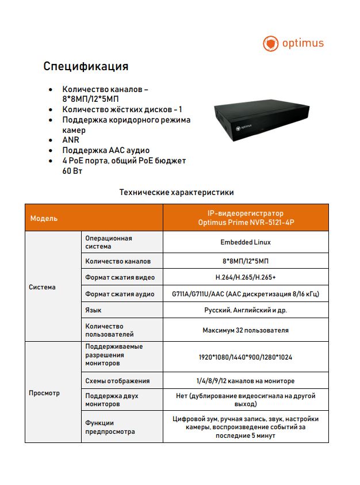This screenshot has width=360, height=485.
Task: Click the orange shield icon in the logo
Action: pos(270,43)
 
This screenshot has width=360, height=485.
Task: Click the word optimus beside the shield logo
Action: pos(302,43)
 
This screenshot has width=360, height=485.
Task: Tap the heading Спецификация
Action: pos(86,66)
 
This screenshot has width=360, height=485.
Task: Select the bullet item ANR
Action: pos(71,140)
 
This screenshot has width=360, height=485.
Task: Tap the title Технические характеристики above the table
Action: pos(176,192)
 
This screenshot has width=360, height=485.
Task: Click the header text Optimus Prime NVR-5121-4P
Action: pos(246,223)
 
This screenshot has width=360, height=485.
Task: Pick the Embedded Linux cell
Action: pos(246,242)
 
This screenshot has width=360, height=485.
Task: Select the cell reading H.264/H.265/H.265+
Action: pos(246,277)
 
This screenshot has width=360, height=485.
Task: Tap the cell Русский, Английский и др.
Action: pos(246,311)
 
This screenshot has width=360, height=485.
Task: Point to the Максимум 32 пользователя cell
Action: pos(246,330)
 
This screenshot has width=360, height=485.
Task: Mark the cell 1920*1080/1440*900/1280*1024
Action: pos(246,357)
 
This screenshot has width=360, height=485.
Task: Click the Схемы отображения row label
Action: pos(117,381)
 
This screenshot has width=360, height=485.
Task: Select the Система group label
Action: pos(43,287)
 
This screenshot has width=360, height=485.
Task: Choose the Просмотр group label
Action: pos(44,394)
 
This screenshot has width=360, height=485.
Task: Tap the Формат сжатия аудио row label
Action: pos(120,294)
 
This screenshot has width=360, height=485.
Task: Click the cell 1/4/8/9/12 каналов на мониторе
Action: pos(246,381)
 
